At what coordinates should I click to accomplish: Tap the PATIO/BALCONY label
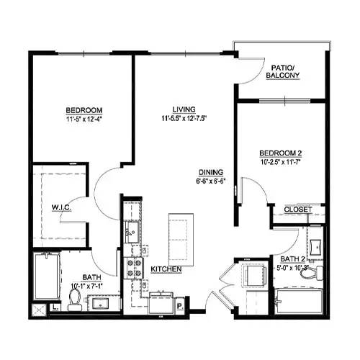click(282, 72)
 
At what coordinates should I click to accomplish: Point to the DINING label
click(211, 172)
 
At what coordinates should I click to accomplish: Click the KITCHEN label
click(166, 269)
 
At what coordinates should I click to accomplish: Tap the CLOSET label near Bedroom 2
click(297, 210)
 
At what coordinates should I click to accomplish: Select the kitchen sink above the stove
click(131, 231)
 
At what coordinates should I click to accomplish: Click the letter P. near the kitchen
click(180, 305)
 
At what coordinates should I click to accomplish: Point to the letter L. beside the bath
click(55, 306)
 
